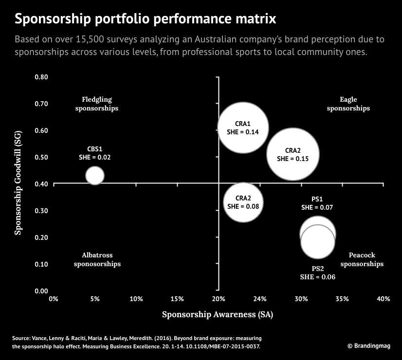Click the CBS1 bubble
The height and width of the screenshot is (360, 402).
tap(95, 176)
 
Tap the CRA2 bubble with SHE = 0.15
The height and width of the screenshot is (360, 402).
tap(293, 155)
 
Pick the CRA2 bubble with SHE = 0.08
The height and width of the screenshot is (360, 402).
tap(243, 202)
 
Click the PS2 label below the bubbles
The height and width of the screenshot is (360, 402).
tap(317, 269)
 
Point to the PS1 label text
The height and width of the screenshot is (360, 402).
tap(317, 199)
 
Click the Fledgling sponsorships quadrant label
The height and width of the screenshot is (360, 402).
tap(97, 104)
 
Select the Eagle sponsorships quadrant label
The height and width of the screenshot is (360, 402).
tap(348, 104)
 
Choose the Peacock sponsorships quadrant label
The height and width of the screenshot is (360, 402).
tap(362, 259)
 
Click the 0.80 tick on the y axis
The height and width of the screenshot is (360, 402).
tap(41, 77)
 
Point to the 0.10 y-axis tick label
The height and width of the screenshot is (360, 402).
tap(41, 264)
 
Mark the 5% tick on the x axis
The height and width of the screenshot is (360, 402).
tap(95, 299)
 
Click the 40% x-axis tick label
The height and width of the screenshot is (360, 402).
tap(384, 299)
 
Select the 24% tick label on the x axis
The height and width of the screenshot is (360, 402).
tap(260, 299)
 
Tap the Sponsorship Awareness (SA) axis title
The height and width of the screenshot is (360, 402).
tap(218, 315)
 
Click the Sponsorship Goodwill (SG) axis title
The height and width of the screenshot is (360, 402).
tap(18, 185)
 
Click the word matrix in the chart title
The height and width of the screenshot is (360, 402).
tap(254, 19)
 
